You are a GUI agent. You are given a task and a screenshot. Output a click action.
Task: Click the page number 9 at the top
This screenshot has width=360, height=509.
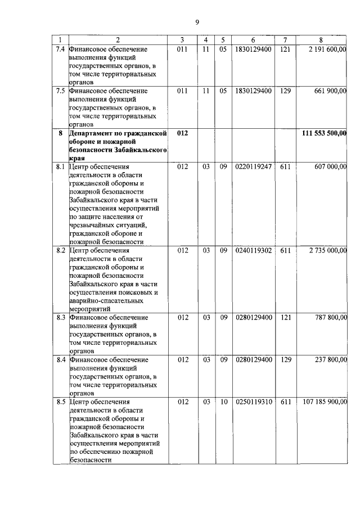pos(197,22)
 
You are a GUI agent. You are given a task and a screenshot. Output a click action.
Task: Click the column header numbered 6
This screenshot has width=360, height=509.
pos(253,39)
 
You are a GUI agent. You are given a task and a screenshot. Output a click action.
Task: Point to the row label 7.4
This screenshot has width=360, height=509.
pos(60,49)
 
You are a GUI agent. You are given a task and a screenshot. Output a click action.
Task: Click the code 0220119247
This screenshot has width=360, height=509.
pos(253,166)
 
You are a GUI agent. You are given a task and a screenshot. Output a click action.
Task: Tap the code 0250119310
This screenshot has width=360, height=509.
pos(253,402)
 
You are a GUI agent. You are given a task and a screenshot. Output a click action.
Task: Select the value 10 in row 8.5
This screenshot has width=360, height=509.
pos(223,402)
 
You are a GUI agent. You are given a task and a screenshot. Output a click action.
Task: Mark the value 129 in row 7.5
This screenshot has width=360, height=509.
pos(285,91)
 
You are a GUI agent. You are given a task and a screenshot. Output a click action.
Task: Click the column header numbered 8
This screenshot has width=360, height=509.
pos(321,39)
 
